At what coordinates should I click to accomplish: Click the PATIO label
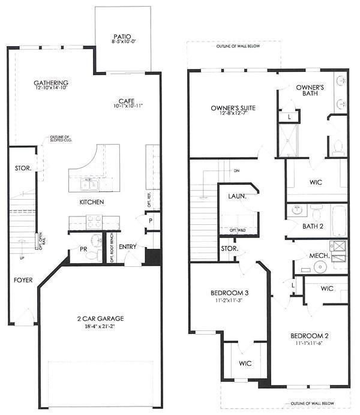[x=123, y=35]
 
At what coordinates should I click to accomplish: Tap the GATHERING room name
[x=50, y=83]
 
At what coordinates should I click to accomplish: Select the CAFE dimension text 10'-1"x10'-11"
[x=127, y=106]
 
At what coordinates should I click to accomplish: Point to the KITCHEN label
[x=92, y=203]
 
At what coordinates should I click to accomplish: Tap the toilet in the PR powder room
[x=91, y=255]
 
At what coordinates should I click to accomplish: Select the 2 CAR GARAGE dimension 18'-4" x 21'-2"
[x=100, y=327]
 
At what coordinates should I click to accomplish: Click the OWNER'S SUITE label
[x=233, y=109]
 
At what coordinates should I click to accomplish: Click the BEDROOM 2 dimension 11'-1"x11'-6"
[x=309, y=344]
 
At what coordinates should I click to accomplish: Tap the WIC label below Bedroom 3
[x=244, y=363]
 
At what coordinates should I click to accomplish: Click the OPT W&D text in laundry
[x=238, y=230]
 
